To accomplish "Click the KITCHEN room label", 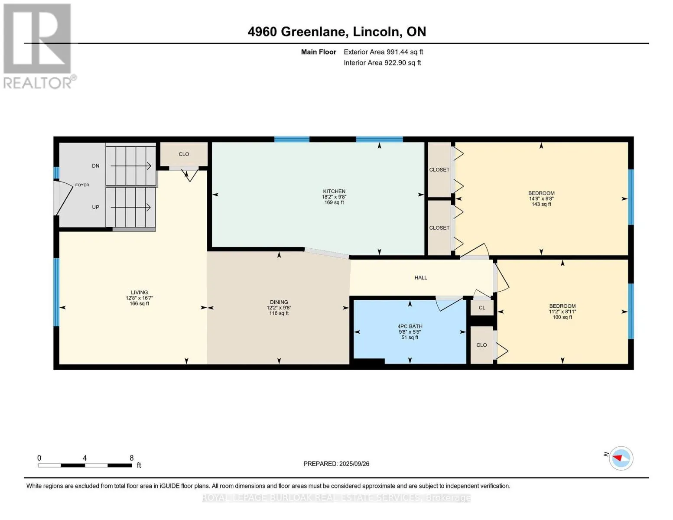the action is point(334,192).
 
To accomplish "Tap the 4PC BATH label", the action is point(410,326).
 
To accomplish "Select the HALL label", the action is point(421,278).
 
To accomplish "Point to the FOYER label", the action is point(82,185).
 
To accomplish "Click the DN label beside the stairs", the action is point(96,166).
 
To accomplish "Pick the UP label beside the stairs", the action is point(95,207).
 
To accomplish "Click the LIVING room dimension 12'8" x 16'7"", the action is point(139,298).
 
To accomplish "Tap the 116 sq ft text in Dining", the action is point(279,313).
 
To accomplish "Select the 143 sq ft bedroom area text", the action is point(541,204).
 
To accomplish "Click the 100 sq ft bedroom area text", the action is point(562,317).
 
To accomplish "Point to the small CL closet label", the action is point(482,308).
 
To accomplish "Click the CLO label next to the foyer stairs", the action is point(184,154).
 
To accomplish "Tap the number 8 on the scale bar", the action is point(132,458).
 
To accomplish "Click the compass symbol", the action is point(621,458).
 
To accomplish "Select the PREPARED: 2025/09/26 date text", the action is point(336,464).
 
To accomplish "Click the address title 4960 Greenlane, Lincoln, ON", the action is point(337,32).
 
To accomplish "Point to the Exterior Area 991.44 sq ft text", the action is point(384,52).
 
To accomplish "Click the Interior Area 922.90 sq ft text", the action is point(383,63).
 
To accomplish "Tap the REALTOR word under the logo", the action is point(38,83).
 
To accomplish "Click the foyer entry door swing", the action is point(64,198).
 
